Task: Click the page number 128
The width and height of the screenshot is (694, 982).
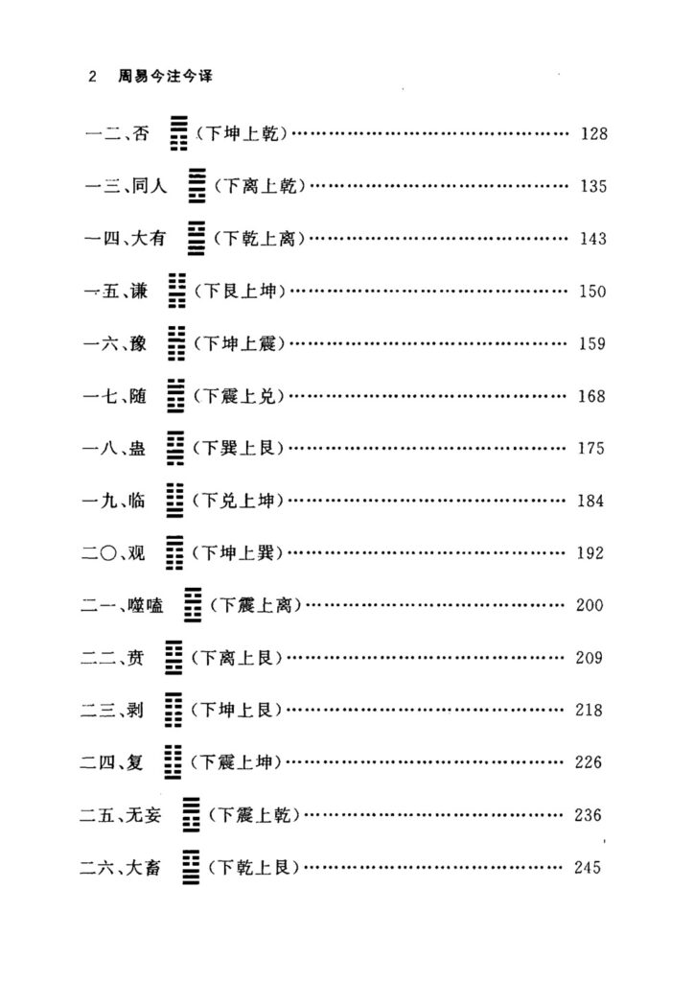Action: (x=594, y=133)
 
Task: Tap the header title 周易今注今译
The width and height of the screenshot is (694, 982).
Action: (x=166, y=77)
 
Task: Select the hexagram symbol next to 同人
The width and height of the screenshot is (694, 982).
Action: (x=197, y=185)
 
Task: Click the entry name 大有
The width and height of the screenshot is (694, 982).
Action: (x=149, y=238)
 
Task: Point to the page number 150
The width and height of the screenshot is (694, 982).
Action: (x=592, y=292)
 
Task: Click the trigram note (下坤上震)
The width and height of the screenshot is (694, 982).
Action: (x=239, y=343)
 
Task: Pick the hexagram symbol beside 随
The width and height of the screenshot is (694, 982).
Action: (x=175, y=395)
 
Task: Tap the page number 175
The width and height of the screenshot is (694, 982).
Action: (x=590, y=449)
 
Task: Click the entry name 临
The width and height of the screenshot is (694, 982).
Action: (x=136, y=501)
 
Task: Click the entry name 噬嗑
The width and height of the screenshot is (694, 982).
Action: (x=146, y=605)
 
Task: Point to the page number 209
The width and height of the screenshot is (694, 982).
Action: (x=590, y=658)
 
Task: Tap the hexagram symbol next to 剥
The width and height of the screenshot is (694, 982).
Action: (x=173, y=710)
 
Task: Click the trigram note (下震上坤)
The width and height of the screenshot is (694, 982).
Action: (x=236, y=762)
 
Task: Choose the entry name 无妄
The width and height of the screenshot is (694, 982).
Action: (x=144, y=815)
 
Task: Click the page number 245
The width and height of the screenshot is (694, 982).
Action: (x=588, y=867)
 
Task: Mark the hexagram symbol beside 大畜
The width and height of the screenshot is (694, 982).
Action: (x=191, y=867)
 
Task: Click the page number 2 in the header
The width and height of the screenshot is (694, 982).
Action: (x=93, y=77)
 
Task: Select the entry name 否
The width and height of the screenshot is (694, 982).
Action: (x=142, y=133)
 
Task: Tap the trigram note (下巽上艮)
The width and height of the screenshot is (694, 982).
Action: (x=238, y=448)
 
